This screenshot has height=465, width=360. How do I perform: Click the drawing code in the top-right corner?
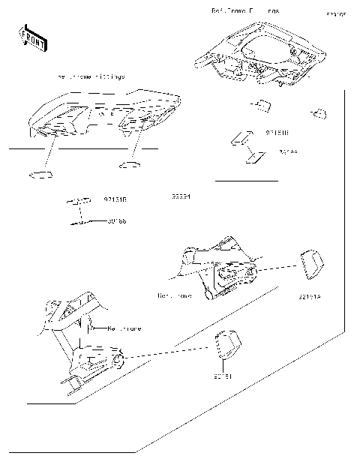[335, 14]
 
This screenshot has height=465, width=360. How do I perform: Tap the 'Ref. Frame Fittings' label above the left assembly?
[91, 77]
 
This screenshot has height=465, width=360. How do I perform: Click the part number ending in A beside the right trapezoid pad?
[309, 297]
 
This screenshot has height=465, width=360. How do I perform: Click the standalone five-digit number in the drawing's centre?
[181, 197]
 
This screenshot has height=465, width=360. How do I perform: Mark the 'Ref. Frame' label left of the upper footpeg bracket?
[175, 295]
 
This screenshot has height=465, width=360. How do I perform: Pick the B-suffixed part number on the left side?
[115, 200]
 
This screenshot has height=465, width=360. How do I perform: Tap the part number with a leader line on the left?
[116, 221]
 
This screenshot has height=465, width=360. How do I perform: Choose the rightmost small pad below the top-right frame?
[318, 113]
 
